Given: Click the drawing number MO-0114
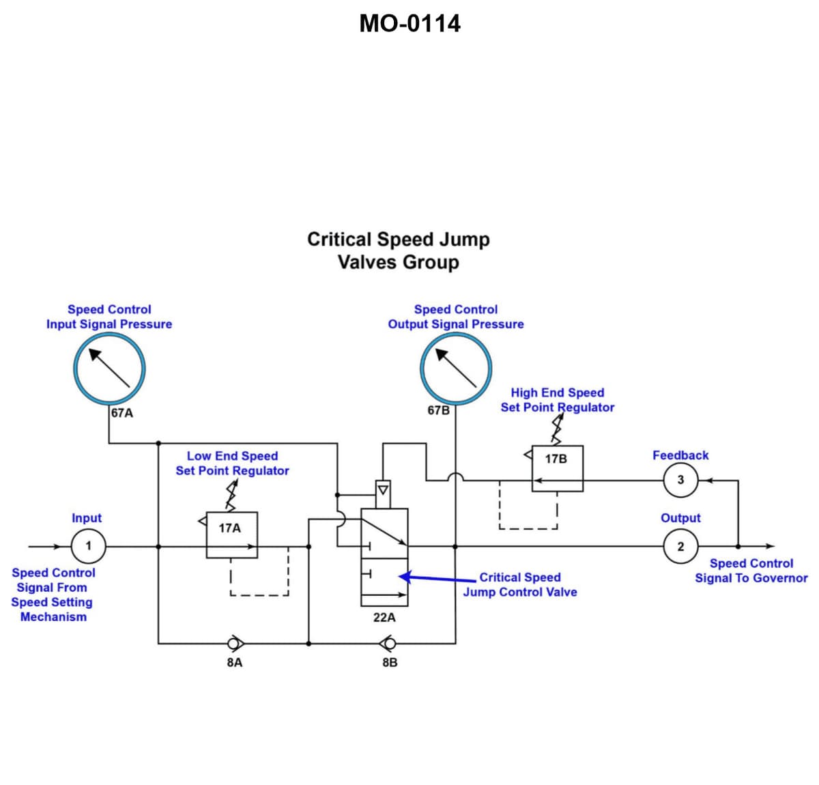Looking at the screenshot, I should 409,23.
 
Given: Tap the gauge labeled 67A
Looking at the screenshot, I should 109,369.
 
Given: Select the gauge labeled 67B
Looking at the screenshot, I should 455,369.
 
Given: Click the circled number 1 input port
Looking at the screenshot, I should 88,546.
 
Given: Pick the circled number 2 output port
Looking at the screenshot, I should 680,546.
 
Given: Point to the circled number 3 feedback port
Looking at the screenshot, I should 680,480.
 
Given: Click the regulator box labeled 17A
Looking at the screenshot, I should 231,534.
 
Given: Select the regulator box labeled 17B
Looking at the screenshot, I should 557,468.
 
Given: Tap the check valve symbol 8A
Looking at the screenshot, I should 235,643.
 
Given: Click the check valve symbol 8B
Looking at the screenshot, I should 388,643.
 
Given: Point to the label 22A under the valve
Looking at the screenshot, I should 384,617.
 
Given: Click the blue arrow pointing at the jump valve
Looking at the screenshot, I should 437,578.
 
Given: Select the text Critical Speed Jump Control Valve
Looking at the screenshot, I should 520,585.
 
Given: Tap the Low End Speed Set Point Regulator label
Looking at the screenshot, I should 232,463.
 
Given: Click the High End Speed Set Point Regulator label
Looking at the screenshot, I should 557,400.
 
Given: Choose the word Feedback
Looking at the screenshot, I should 680,455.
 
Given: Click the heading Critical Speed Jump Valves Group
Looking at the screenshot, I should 398,251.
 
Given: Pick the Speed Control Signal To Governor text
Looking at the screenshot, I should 751,571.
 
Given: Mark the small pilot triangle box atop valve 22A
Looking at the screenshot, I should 383,491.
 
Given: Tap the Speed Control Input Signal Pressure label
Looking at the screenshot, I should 109,317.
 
